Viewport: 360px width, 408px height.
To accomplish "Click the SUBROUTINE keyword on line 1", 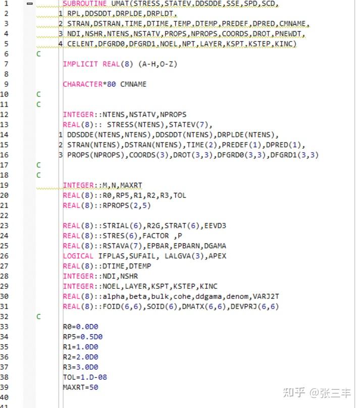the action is pyautogui.click(x=84, y=4).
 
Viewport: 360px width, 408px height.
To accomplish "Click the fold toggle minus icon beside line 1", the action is pyautogui.click(x=30, y=4).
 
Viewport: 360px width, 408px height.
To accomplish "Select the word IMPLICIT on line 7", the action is pyautogui.click(x=80, y=64).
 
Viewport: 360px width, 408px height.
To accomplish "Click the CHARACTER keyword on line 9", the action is pyautogui.click(x=83, y=84).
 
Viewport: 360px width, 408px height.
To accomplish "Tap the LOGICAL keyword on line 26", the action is pyautogui.click(x=78, y=256).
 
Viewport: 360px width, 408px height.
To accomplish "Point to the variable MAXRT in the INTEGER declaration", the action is pyautogui.click(x=131, y=185).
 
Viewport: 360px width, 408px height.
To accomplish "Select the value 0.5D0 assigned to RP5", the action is pyautogui.click(x=91, y=337).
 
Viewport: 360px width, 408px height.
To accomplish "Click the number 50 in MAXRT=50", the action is pyautogui.click(x=93, y=387).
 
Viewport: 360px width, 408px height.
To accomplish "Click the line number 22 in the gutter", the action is pyautogui.click(x=5, y=216).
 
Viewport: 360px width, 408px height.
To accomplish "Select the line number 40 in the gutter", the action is pyautogui.click(x=5, y=397).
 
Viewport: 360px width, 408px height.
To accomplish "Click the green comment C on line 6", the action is pyautogui.click(x=38, y=54).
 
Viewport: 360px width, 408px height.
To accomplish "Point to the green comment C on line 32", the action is pyautogui.click(x=38, y=317).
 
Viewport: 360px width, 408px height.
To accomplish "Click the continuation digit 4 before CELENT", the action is pyautogui.click(x=61, y=44).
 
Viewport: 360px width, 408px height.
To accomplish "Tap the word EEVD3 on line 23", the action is pyautogui.click(x=215, y=226).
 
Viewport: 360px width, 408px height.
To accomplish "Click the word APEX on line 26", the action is pyautogui.click(x=218, y=256).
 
